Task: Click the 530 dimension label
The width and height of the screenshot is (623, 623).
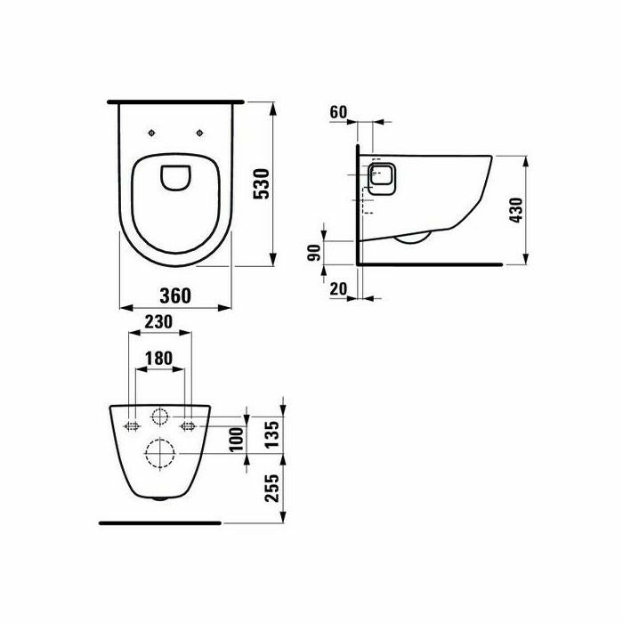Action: coord(263,184)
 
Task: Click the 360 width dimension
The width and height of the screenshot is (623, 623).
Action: coord(175,295)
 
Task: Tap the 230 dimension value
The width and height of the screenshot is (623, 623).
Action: coord(158,322)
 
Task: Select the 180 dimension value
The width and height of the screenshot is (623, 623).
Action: coord(158,359)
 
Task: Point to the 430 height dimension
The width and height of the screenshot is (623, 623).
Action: coord(516,210)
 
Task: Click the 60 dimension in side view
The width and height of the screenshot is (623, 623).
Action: coord(338,112)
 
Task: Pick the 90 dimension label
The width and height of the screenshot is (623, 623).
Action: coord(314,253)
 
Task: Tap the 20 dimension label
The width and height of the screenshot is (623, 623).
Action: coord(338,289)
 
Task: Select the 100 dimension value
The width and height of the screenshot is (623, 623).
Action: coord(237,439)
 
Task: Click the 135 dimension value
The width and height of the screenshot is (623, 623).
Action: coord(272,434)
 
